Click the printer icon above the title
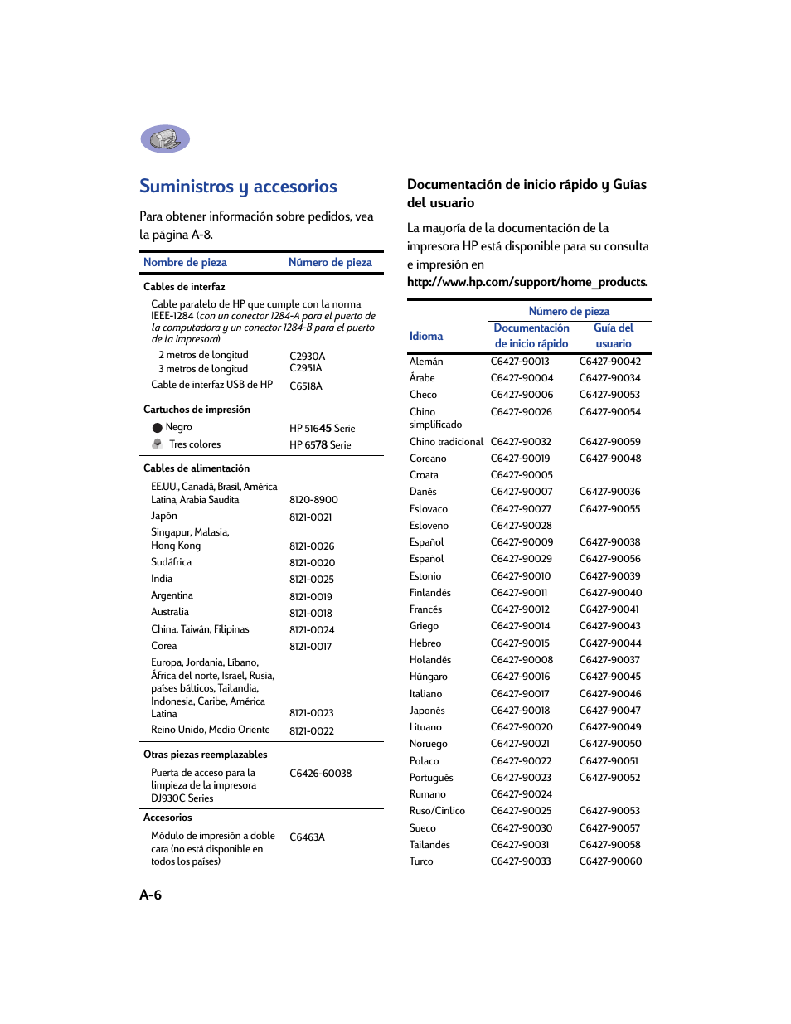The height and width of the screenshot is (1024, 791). (x=165, y=139)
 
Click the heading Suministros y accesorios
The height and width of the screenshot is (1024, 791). (x=238, y=187)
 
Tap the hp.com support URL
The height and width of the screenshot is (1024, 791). (x=527, y=282)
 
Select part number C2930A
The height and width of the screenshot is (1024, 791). (x=307, y=357)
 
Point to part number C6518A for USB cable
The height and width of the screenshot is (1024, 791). (x=306, y=386)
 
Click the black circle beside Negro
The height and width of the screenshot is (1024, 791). (x=157, y=428)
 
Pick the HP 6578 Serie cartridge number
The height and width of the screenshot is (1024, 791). (x=320, y=445)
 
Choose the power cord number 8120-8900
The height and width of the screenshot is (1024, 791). (x=313, y=500)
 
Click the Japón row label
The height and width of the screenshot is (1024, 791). (x=164, y=516)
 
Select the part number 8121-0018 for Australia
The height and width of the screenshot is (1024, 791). (x=311, y=614)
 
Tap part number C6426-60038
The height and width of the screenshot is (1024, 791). (x=320, y=774)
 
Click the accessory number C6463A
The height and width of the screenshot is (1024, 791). (x=307, y=837)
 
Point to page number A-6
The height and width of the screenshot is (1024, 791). (x=151, y=895)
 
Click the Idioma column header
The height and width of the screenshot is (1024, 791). (x=426, y=336)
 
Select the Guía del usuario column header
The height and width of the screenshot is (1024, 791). (x=614, y=336)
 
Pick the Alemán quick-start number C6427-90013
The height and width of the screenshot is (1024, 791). (x=520, y=362)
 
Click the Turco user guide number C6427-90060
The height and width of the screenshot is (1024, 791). (x=610, y=861)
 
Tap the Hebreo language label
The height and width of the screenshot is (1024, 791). (x=425, y=643)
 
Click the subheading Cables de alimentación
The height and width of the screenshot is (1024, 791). (x=197, y=468)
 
